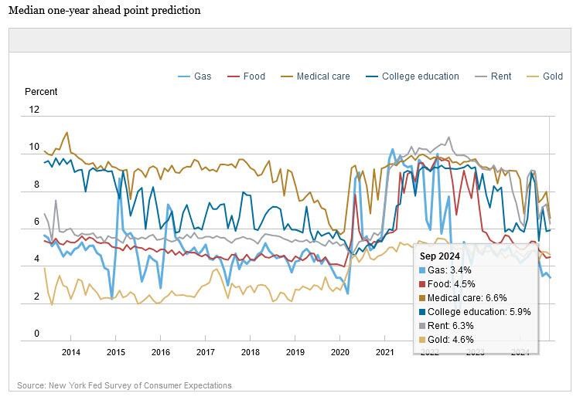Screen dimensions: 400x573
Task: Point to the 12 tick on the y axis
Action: tap(34, 110)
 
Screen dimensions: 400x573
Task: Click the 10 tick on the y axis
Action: tap(34, 147)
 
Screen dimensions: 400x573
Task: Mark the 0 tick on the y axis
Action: tap(36, 334)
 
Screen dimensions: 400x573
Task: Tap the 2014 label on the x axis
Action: tap(70, 352)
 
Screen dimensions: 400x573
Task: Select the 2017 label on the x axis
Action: tap(206, 352)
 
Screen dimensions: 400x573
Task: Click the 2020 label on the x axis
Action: tap(340, 352)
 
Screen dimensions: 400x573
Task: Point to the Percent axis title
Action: tap(41, 92)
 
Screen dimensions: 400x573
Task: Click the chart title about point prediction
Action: tap(104, 11)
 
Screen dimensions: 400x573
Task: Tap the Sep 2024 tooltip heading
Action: tap(440, 256)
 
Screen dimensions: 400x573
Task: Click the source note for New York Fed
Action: tap(124, 385)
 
